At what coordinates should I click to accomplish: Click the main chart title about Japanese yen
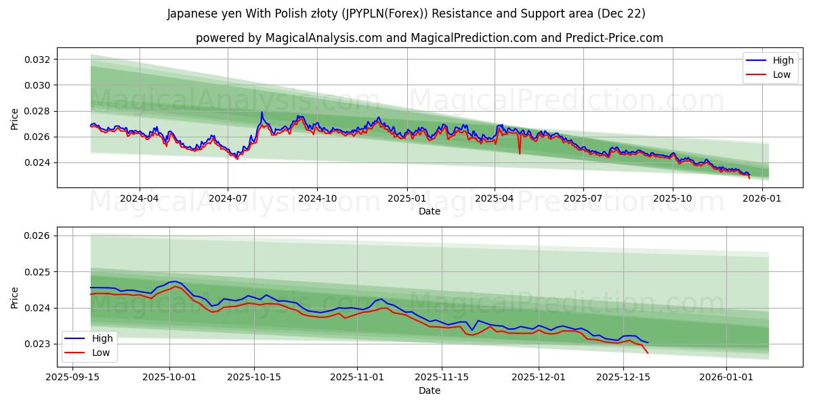[x=406, y=14]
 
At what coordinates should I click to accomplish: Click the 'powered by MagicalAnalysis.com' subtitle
[x=429, y=38]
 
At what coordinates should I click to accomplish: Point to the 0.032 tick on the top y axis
[x=38, y=60]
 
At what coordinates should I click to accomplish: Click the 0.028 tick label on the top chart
[x=38, y=111]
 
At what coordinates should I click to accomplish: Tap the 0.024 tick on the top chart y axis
[x=38, y=162]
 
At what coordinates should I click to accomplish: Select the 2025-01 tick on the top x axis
[x=406, y=198]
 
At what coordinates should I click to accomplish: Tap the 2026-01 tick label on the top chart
[x=762, y=198]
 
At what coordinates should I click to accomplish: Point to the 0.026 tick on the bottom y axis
[x=38, y=235]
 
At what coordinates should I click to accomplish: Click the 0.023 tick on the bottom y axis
[x=38, y=344]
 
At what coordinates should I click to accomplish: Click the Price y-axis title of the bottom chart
[x=15, y=297]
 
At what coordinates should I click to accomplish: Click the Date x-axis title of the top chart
[x=429, y=211]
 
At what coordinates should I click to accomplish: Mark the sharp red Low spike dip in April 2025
[x=520, y=153]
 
